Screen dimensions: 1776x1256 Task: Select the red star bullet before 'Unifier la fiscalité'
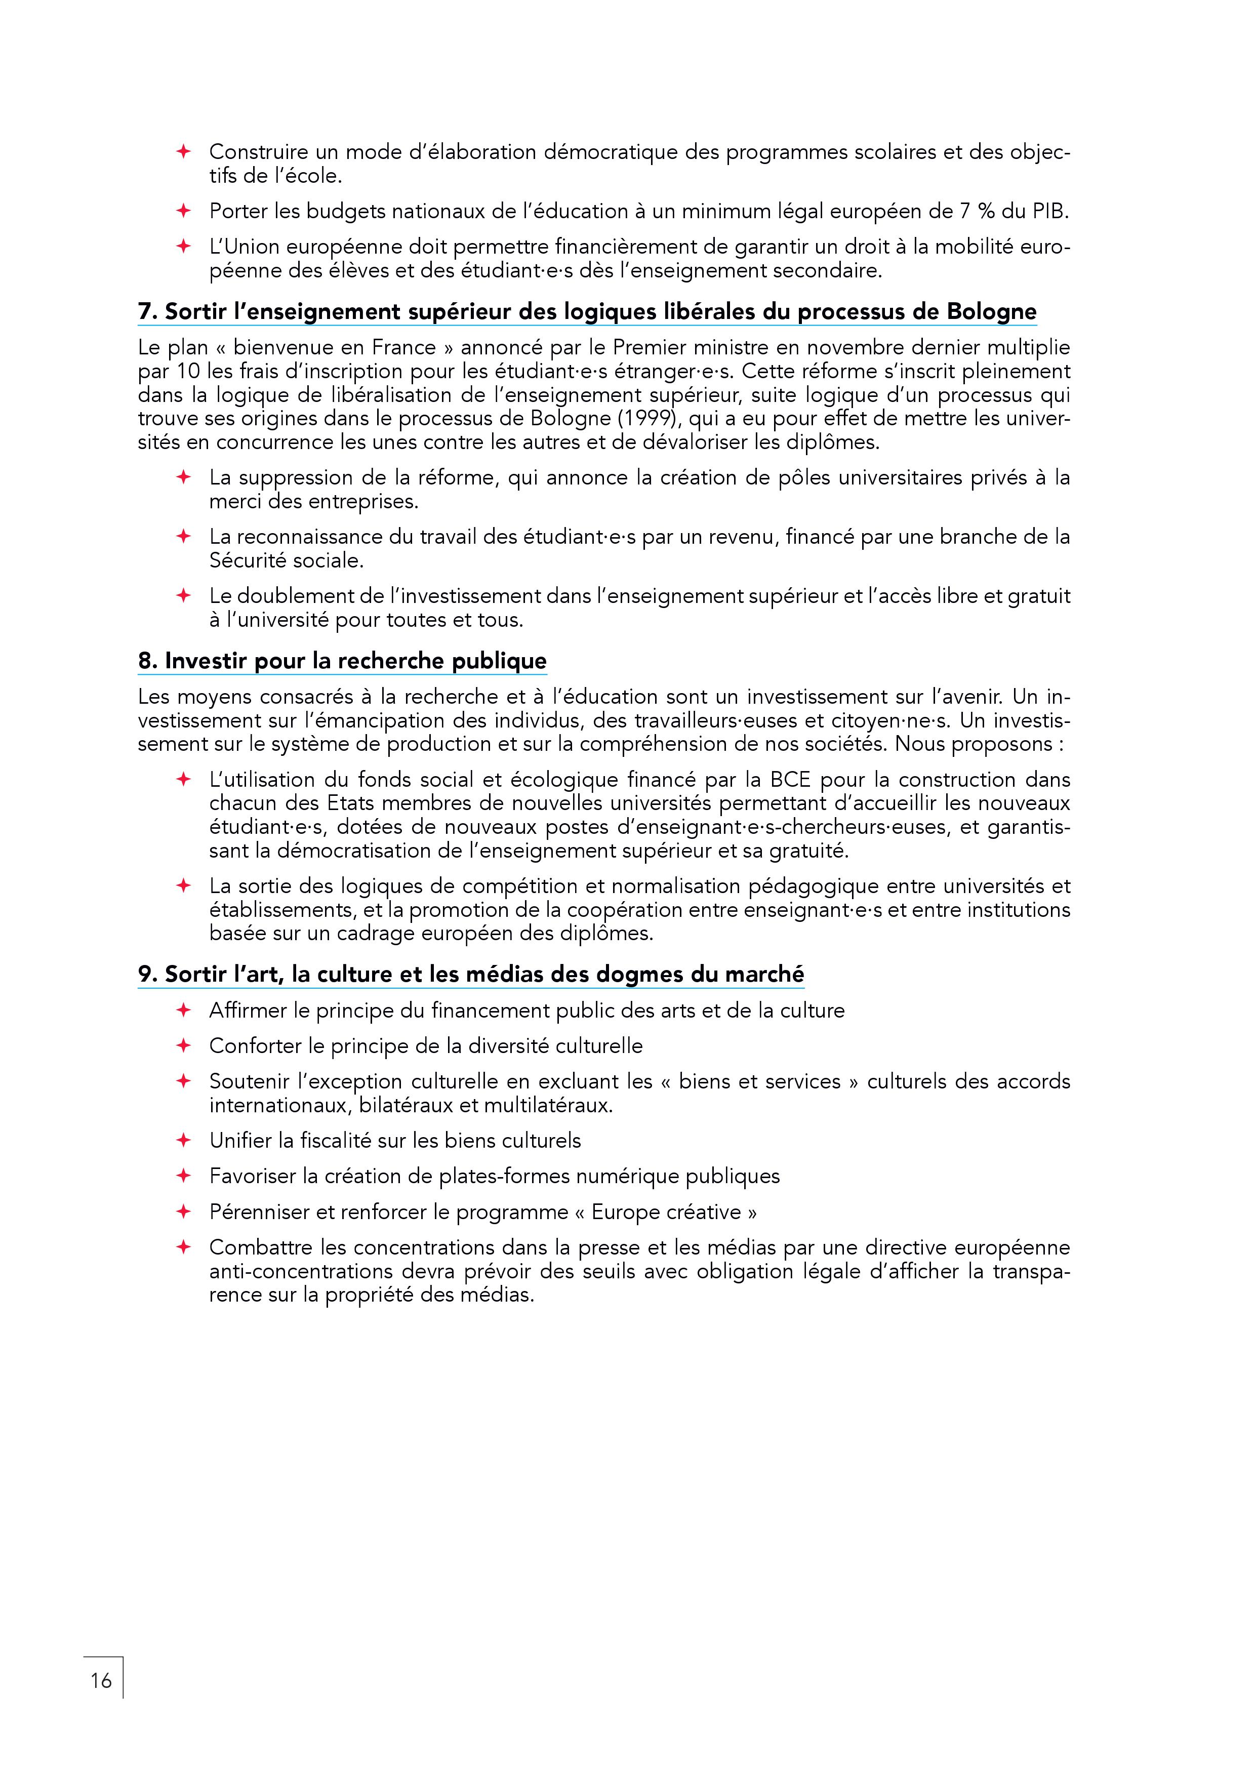click(x=183, y=1140)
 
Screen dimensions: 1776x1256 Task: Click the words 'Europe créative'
click(x=666, y=1212)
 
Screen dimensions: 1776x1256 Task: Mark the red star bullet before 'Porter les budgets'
click(x=183, y=211)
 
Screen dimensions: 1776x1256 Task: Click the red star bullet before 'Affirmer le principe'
click(x=183, y=1010)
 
